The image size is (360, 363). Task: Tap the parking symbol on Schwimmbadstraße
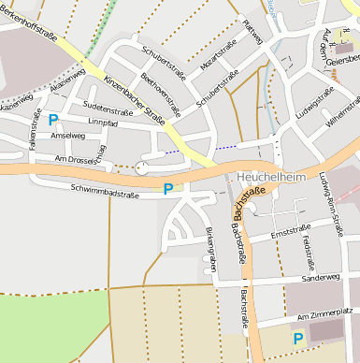coord(168,189)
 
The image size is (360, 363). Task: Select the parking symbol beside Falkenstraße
coord(53,119)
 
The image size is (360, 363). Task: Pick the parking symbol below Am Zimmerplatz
coord(297,338)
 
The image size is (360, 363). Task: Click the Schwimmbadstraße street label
coord(104,192)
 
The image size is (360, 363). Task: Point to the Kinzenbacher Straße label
coord(135,101)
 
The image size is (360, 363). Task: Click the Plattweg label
coord(252,31)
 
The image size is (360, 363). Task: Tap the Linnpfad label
coord(100,123)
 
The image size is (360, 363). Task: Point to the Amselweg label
coord(68,136)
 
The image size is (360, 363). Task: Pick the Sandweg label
coord(321,278)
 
